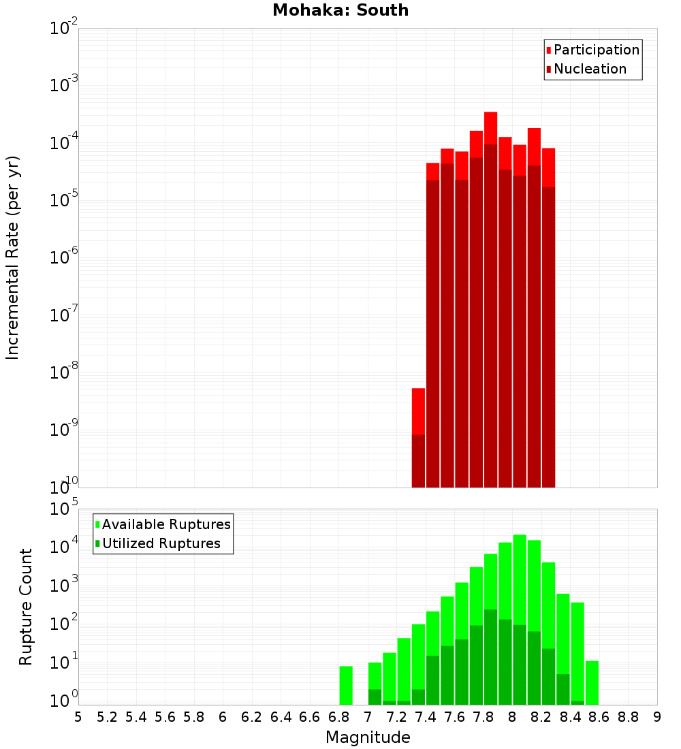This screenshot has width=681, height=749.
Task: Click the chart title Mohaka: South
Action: (340, 10)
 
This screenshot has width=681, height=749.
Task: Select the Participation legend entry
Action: (596, 50)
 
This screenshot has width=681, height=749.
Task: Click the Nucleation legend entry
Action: (590, 69)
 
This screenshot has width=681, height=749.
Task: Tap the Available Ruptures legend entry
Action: (166, 524)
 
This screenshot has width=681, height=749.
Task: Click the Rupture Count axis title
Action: (26, 607)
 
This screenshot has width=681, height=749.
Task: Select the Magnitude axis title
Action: (368, 737)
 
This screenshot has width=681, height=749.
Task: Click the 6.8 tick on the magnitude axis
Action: (338, 717)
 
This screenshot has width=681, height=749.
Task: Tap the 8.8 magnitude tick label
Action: (628, 717)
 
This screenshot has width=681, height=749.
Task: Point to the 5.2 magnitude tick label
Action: (108, 717)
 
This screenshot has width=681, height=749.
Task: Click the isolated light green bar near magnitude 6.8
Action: (346, 685)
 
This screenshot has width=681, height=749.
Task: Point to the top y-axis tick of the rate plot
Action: (64, 29)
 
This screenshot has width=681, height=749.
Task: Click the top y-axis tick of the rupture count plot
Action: (64, 509)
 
